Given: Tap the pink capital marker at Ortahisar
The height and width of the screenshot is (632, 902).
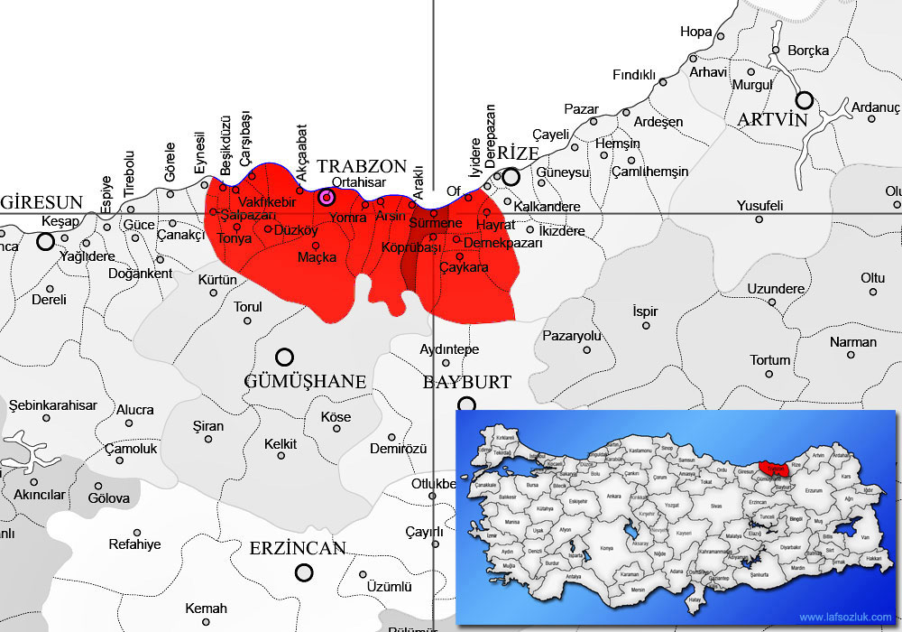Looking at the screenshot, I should tap(327, 197).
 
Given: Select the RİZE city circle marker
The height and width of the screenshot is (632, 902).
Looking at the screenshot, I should tap(511, 176).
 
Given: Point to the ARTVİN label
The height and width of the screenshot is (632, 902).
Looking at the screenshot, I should tap(771, 120).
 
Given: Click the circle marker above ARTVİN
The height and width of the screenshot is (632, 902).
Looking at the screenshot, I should tap(804, 99).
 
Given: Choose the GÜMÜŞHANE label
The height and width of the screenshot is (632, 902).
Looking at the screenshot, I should tap(305, 381).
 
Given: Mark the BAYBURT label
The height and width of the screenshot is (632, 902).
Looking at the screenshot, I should tap(467, 382).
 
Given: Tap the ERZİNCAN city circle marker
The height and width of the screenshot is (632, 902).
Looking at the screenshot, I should tap(304, 572).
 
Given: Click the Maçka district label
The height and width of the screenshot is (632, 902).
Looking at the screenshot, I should tap(318, 257).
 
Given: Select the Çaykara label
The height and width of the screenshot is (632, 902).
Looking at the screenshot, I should tap(464, 268).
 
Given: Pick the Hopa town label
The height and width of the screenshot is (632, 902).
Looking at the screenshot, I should tap(695, 32).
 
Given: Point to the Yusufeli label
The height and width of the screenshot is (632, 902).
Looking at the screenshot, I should tap(759, 205).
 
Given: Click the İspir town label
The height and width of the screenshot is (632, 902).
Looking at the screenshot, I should tap(645, 311).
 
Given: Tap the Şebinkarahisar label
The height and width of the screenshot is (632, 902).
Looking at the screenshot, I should tap(52, 405).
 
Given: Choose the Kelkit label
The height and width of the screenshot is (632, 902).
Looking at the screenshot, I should tap(281, 444).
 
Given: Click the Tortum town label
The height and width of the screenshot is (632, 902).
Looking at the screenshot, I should tap(769, 360).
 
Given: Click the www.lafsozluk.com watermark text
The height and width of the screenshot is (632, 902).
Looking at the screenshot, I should tap(845, 618).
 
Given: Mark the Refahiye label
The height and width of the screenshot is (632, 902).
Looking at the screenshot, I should tap(134, 544).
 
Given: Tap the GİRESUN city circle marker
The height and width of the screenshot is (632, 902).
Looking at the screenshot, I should tap(45, 241).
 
